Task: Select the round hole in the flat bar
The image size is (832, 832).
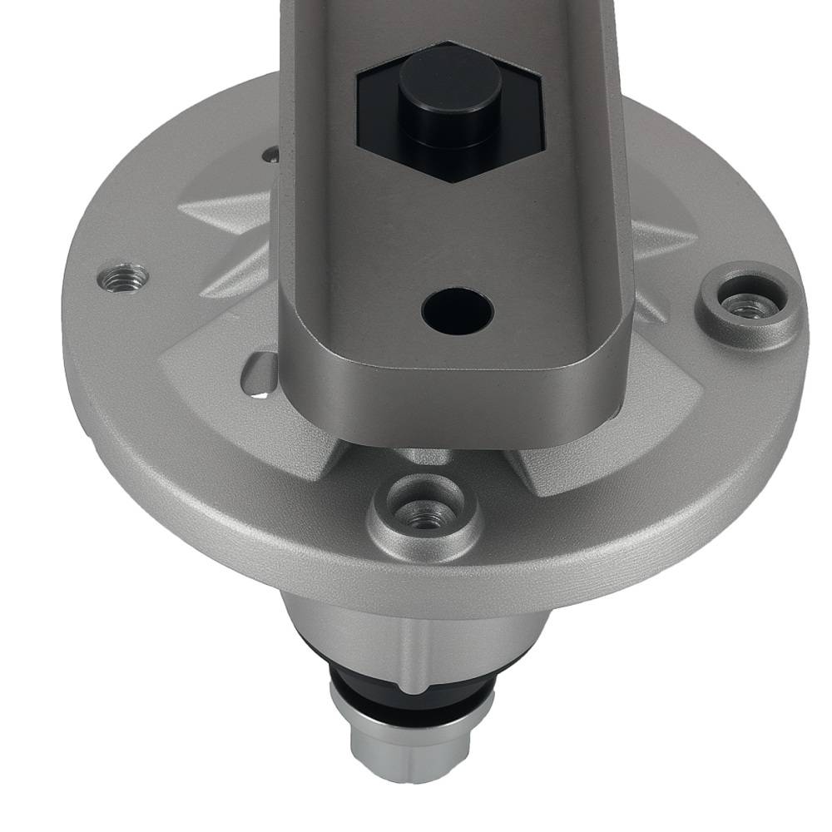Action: pos(457,310)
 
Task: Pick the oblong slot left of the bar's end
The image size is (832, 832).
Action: pos(260,374)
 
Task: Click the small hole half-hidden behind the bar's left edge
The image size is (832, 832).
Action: pos(270,155)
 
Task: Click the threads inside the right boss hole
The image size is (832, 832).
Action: pos(749,308)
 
